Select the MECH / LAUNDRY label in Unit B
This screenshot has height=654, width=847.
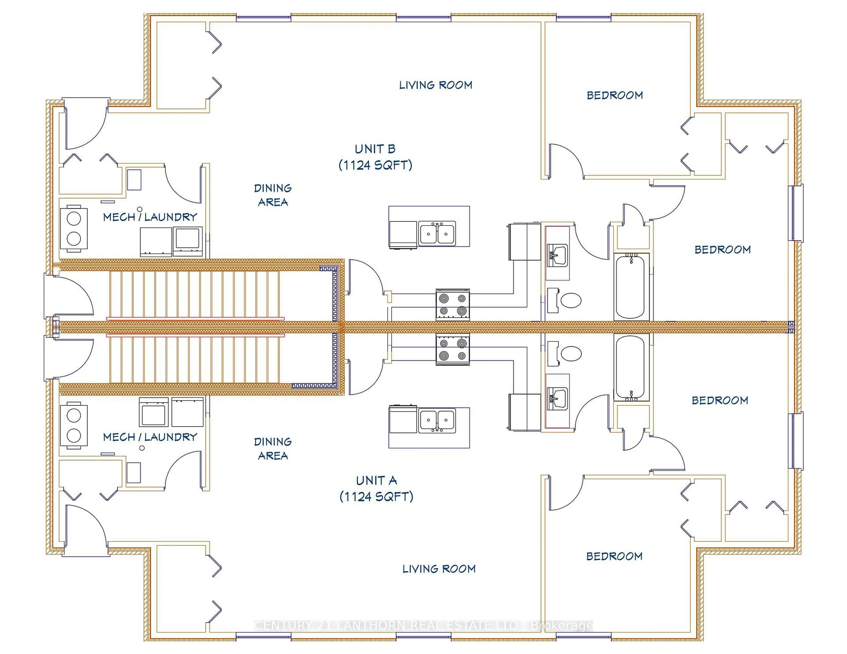150,217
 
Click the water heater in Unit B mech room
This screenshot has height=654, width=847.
74,228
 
